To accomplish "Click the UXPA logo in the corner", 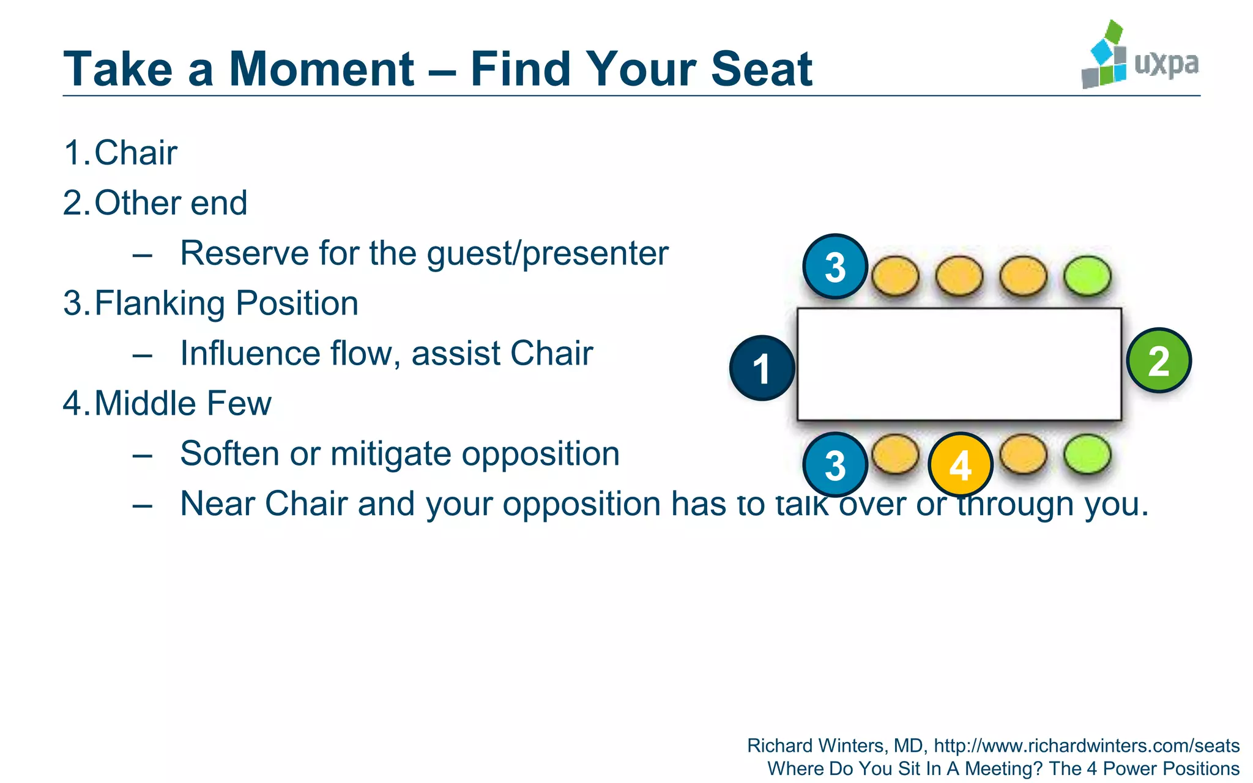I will point(1139,56).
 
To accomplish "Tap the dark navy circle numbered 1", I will point(762,368).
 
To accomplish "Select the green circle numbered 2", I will point(1159,360).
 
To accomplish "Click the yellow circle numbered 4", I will point(960,465).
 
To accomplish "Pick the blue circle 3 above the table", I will point(835,267).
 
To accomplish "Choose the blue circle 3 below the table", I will point(835,465).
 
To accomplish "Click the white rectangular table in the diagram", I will point(959,365).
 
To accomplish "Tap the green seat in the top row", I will point(1087,276).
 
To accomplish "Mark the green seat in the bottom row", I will point(1087,455).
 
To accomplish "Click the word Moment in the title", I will point(322,69).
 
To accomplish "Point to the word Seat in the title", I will point(761,69).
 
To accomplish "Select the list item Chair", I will point(135,153).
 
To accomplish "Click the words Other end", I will point(171,203).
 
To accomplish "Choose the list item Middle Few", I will point(182,404).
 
